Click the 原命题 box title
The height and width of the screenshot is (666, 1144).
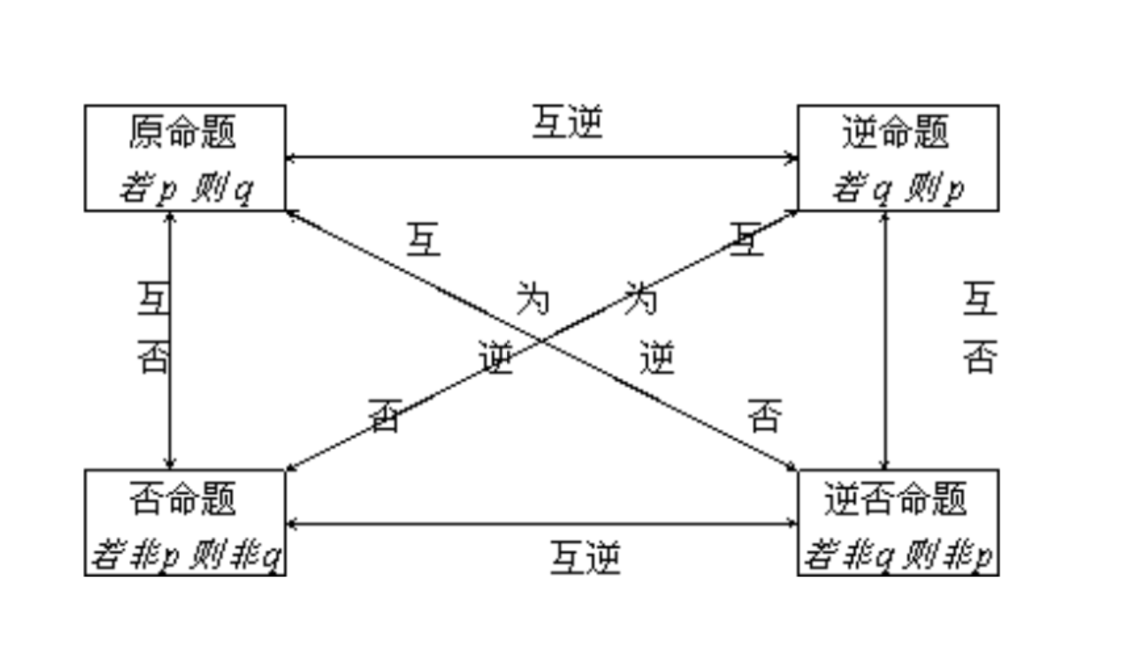182,131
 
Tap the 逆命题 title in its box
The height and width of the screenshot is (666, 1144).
895,131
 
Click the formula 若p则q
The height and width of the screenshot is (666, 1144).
186,189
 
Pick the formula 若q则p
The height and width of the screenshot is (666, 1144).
898,189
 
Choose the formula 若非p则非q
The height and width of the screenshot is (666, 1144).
186,555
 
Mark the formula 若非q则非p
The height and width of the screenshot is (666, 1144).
898,555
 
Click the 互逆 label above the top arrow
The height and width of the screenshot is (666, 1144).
567,122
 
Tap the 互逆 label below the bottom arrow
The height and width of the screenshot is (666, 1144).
584,558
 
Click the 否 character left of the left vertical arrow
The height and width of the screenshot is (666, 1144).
153,357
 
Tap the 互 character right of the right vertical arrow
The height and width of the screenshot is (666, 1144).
980,298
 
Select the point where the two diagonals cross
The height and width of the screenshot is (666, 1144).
541,340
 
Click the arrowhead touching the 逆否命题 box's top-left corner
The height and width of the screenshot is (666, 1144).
792,467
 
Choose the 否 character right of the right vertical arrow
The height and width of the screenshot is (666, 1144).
980,357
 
